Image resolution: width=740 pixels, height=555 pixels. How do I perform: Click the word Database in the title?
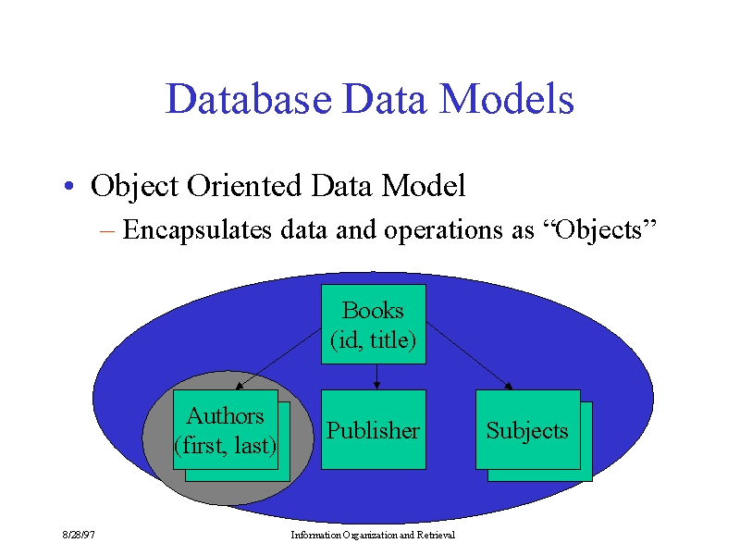pyautogui.click(x=248, y=98)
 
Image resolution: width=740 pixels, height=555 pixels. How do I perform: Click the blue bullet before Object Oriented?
pyautogui.click(x=68, y=186)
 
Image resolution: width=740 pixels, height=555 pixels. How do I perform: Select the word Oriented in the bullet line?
pyautogui.click(x=244, y=185)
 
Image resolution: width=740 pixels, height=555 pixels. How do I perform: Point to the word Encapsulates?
pyautogui.click(x=197, y=230)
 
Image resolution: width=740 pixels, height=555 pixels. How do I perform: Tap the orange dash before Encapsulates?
pyautogui.click(x=107, y=231)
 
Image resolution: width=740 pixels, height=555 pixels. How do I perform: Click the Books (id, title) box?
pyautogui.click(x=374, y=324)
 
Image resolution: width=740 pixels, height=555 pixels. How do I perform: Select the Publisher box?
pyautogui.click(x=374, y=429)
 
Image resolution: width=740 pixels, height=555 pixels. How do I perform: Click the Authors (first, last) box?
pyautogui.click(x=226, y=429)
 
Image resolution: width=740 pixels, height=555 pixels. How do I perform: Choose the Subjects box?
pyautogui.click(x=528, y=429)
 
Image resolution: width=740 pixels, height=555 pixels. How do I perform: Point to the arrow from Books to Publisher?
pyautogui.click(x=376, y=376)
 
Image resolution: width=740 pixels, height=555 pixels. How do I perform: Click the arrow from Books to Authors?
pyautogui.click(x=278, y=359)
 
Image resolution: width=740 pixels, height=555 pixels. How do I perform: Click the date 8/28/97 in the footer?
pyautogui.click(x=79, y=535)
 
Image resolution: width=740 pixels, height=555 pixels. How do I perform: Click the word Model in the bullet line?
pyautogui.click(x=424, y=185)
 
